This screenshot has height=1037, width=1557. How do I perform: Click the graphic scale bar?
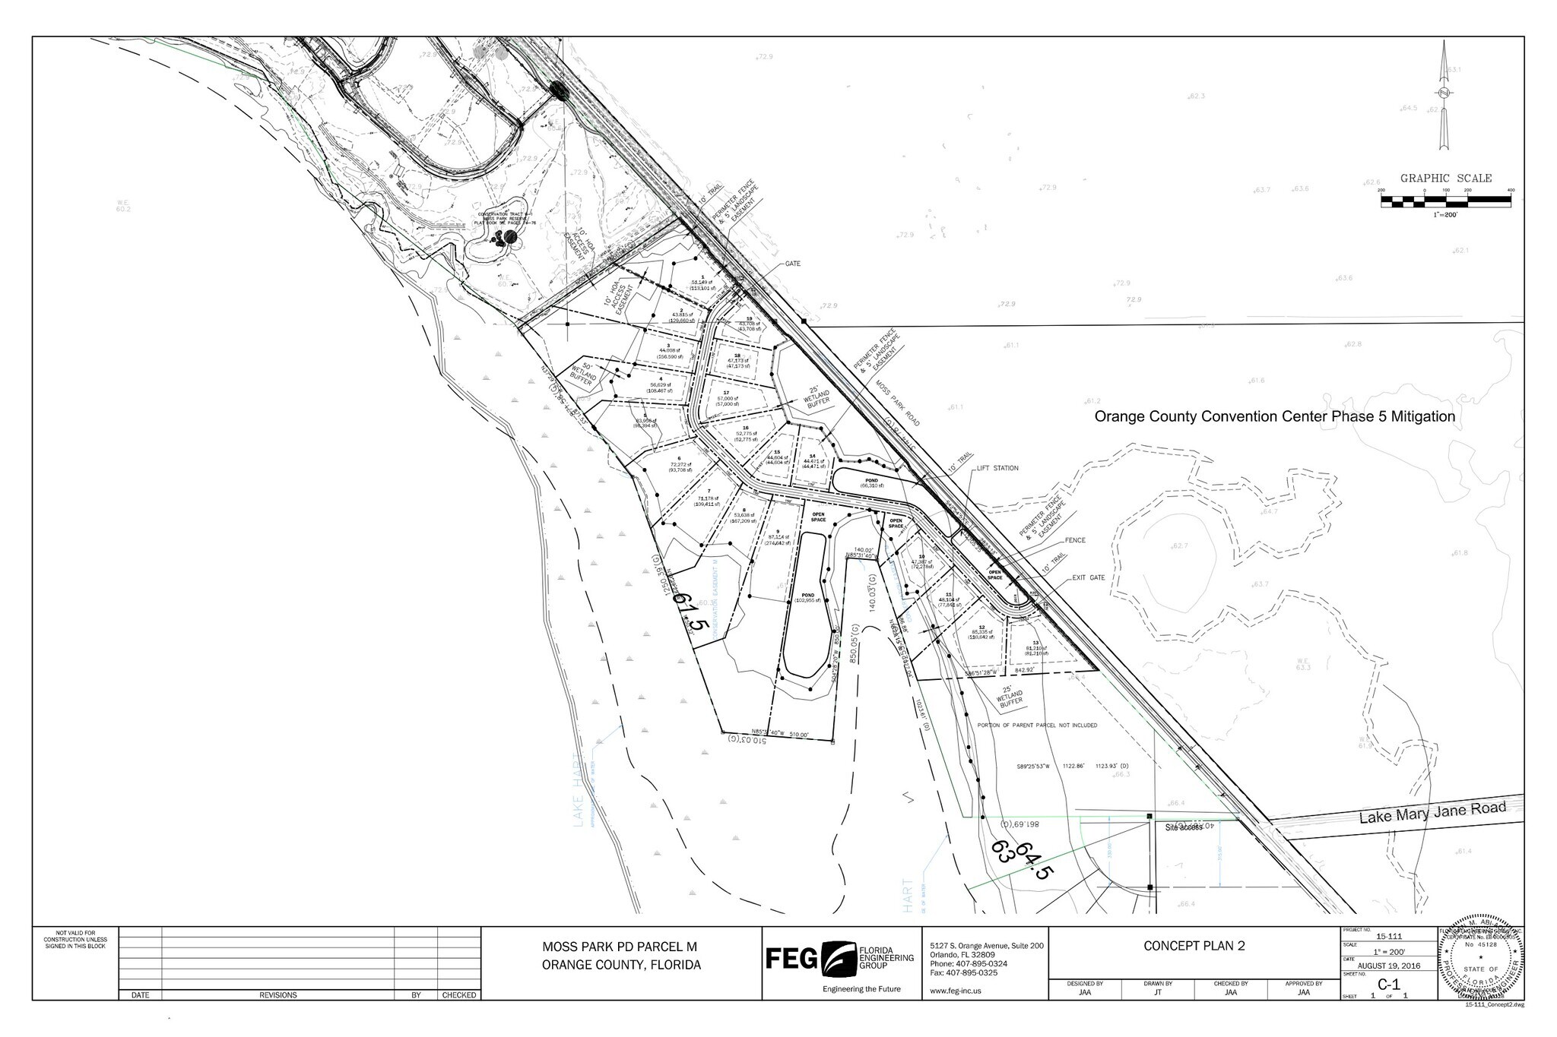coord(1446,201)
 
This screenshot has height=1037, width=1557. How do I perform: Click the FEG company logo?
coord(840,960)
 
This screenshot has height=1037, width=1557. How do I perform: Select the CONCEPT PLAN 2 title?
coord(1194,946)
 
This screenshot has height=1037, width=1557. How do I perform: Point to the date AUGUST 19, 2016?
coord(1387,966)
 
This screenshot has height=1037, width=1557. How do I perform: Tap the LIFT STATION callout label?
coord(997,469)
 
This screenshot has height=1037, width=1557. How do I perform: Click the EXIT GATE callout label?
coord(1089,578)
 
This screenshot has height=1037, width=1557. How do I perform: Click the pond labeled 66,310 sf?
coord(872,482)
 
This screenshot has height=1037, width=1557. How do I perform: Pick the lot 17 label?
coord(726,396)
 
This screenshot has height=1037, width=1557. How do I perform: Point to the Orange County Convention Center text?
coord(1274,417)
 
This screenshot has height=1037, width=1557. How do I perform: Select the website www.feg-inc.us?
coord(956,991)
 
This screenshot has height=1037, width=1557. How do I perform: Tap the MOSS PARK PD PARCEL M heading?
coord(620,947)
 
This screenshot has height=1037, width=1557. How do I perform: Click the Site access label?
coord(1183,827)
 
